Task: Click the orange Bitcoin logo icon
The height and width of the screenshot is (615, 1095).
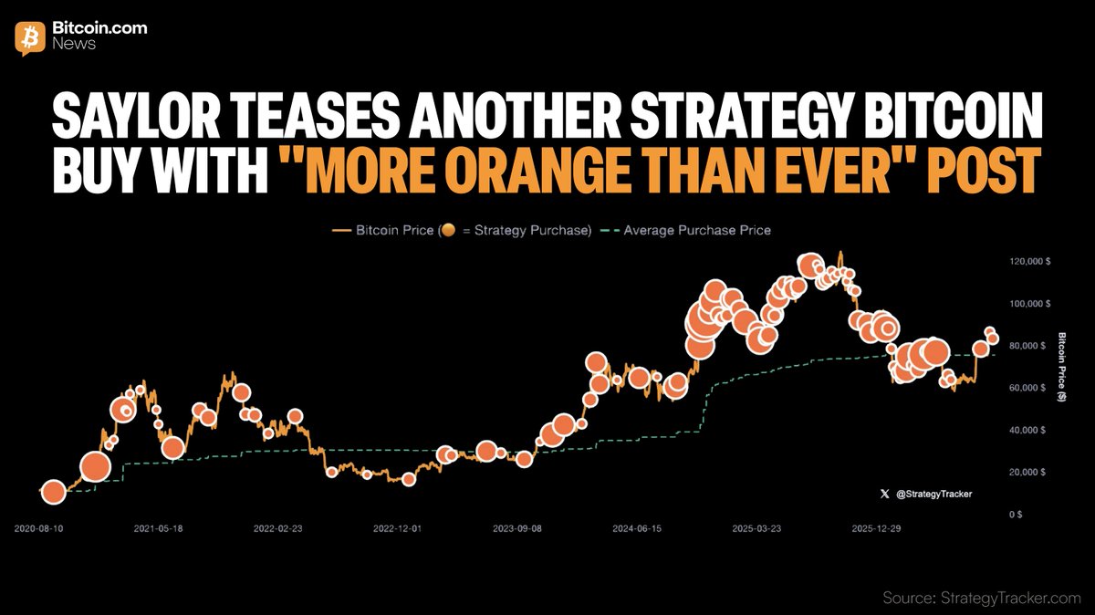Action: [30, 38]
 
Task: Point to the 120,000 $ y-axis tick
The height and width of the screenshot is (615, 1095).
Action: [1030, 262]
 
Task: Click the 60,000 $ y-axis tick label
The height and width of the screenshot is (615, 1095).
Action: [1027, 388]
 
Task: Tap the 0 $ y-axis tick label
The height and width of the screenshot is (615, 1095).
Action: [1016, 515]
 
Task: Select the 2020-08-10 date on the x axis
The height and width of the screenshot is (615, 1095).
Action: [38, 528]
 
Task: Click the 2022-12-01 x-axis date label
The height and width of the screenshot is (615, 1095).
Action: [398, 528]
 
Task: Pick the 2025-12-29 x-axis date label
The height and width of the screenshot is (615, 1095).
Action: [876, 528]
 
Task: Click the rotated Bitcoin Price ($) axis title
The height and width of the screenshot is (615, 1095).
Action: [1061, 367]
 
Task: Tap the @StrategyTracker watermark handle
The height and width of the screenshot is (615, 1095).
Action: [933, 494]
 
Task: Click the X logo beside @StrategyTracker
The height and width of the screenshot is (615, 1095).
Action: [884, 494]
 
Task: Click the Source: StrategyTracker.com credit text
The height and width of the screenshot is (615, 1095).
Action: [982, 598]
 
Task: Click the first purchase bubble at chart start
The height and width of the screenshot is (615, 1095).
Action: [54, 493]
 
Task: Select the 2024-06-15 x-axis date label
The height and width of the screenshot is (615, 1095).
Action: [637, 528]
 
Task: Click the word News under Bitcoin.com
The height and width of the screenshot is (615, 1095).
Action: [74, 44]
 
